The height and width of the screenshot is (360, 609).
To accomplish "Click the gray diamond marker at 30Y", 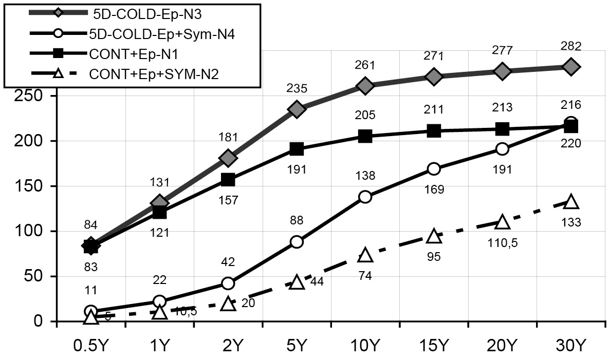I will [x=571, y=67].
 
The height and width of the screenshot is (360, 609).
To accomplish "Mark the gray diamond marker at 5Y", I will [x=297, y=109].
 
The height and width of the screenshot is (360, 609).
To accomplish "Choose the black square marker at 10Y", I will [x=365, y=136].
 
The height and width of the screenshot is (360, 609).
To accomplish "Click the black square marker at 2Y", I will [x=228, y=180].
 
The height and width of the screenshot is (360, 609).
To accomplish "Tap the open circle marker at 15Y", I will [x=434, y=169].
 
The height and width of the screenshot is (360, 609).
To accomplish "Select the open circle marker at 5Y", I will [x=297, y=242].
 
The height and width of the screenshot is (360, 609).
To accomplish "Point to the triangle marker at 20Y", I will [x=502, y=222].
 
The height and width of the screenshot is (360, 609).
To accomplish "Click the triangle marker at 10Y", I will [x=365, y=255].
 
